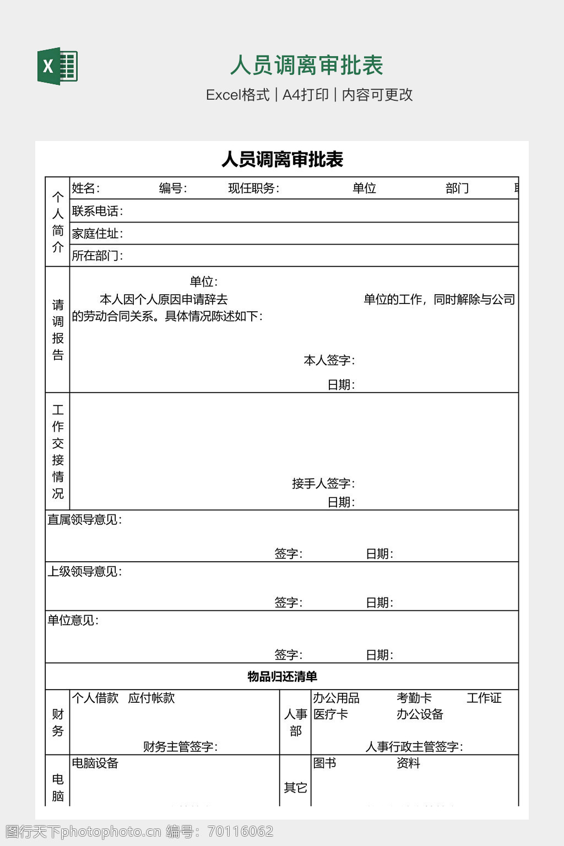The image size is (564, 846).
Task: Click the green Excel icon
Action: point(57,66)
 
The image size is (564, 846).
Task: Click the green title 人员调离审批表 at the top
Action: point(306,66)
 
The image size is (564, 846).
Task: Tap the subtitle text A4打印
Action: point(305,95)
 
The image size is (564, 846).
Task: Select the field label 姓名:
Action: point(86,188)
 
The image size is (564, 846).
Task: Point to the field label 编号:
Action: point(173,188)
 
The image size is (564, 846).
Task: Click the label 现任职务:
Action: point(254,188)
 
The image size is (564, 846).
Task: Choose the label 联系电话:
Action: point(97,211)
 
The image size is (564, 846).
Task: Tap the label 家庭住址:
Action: point(97,234)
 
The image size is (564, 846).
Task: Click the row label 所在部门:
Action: point(97,256)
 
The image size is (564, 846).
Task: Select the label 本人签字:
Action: point(329,360)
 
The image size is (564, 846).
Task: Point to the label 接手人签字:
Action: point(323,484)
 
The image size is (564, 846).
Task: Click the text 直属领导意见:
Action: point(85,519)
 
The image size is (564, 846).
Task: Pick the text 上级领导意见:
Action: point(85,571)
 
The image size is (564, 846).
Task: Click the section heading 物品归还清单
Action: point(282,676)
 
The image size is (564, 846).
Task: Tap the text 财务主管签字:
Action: point(180,746)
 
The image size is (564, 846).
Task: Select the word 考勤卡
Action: point(414,698)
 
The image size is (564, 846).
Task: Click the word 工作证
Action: point(484,698)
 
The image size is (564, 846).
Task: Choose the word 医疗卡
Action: point(330,714)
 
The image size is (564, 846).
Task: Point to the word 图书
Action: point(324,763)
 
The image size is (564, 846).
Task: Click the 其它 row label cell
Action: point(295,788)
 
